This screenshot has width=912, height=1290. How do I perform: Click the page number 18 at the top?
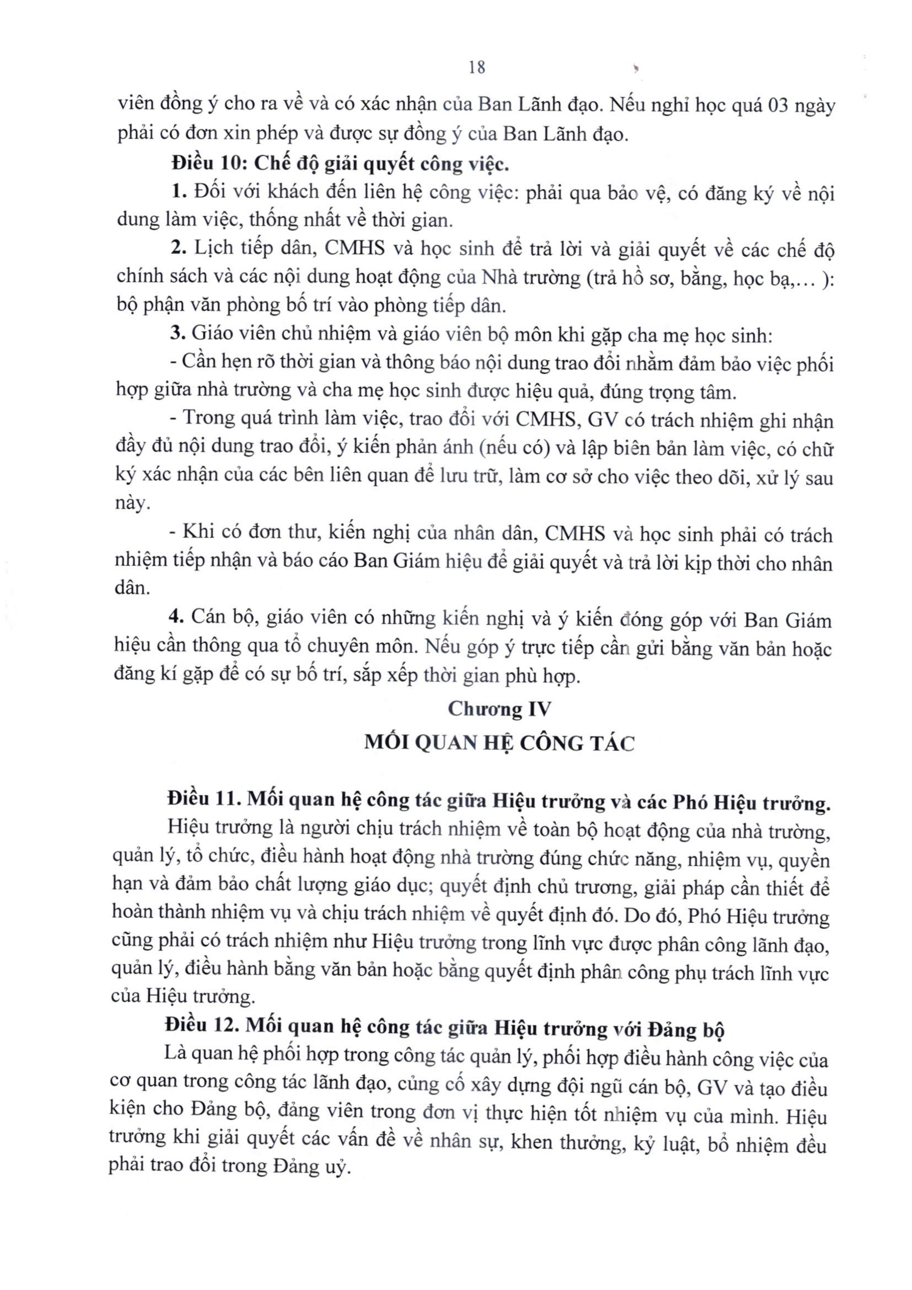click(x=477, y=68)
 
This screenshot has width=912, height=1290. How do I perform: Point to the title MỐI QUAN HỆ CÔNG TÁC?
click(x=499, y=743)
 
